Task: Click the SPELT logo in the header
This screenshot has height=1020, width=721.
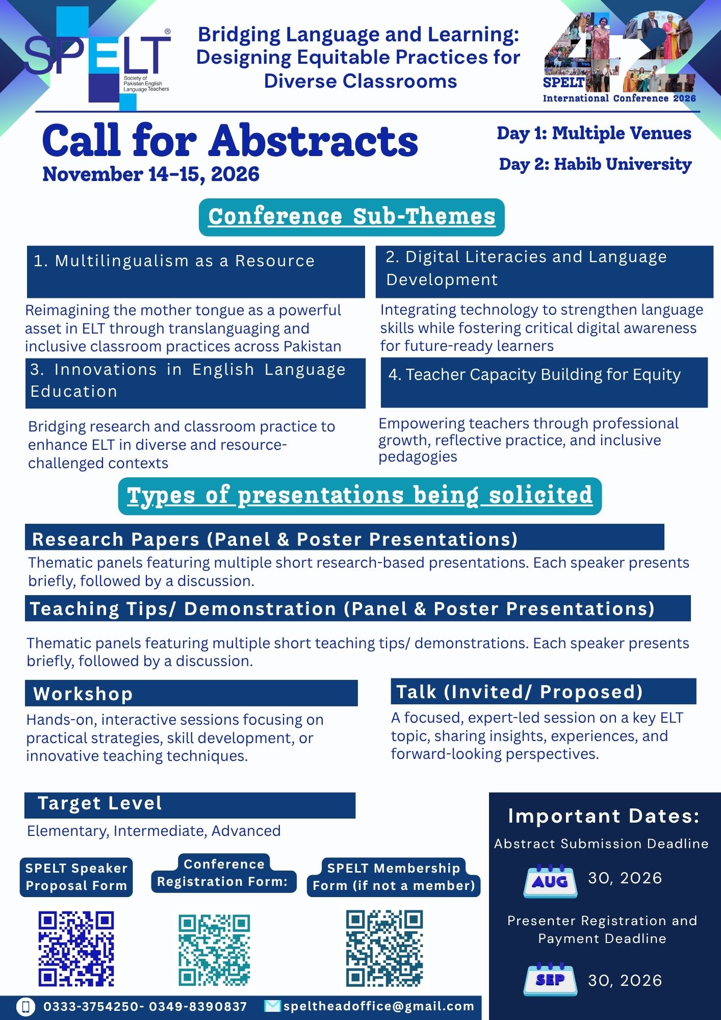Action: point(97,59)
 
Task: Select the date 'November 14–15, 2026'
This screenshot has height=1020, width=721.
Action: point(151,174)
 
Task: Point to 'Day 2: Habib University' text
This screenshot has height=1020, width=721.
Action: point(595,164)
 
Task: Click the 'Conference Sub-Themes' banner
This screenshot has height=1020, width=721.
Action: point(351,217)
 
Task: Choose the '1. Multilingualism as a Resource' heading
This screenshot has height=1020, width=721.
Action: point(174,261)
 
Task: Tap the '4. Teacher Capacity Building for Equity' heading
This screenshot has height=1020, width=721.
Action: point(534,375)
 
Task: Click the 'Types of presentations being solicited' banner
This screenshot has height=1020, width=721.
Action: point(359,496)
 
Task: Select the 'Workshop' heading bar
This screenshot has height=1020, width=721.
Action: point(191,694)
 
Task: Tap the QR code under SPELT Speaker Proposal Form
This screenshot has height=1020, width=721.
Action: point(76,949)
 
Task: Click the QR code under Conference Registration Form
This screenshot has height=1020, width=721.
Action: point(215,950)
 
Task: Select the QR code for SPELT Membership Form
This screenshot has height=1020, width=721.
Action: point(384,948)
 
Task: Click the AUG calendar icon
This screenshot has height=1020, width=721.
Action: point(550,881)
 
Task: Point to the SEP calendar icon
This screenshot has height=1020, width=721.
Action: point(550,980)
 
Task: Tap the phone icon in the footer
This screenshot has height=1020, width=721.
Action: point(25,1006)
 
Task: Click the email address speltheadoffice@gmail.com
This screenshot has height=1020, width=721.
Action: point(379,1006)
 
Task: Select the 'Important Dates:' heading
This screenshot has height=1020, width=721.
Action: point(604,816)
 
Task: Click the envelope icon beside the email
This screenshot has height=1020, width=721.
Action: point(272,1006)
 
